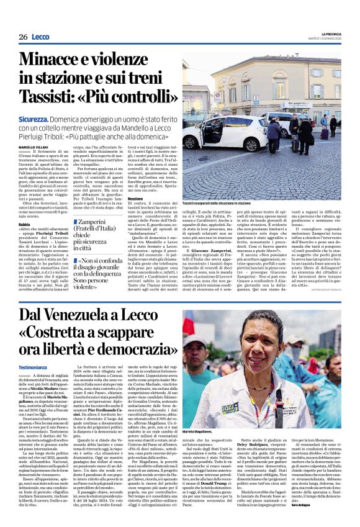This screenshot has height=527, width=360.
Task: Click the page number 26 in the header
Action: (23, 37)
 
